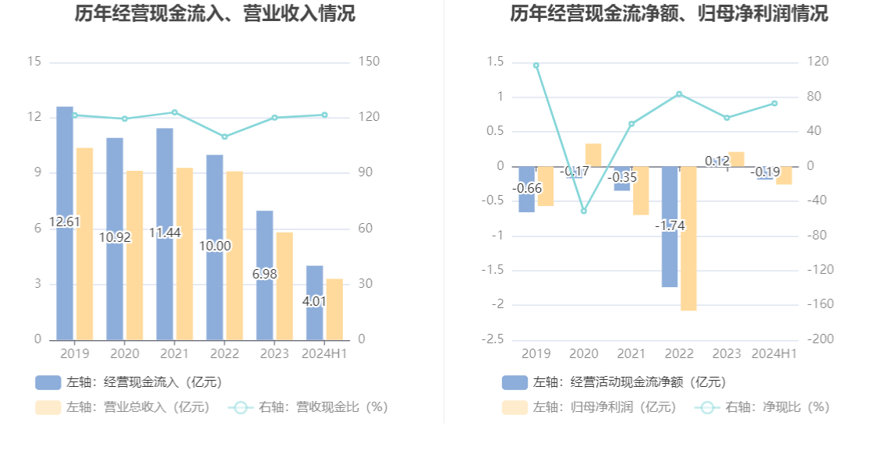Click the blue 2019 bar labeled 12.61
tap(65, 223)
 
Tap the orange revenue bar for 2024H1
tap(334, 309)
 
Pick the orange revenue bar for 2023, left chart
tap(285, 286)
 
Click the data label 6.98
tap(264, 274)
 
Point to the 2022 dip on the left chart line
tap(225, 137)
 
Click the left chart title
tap(214, 14)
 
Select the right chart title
tap(669, 14)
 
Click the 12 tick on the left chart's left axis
tap(34, 117)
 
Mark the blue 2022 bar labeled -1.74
tap(670, 226)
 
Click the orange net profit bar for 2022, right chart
tap(688, 238)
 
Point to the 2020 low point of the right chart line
tap(583, 211)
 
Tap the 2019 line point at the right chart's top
tap(536, 66)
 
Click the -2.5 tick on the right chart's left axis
tap(496, 339)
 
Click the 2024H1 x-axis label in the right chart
tap(773, 354)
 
